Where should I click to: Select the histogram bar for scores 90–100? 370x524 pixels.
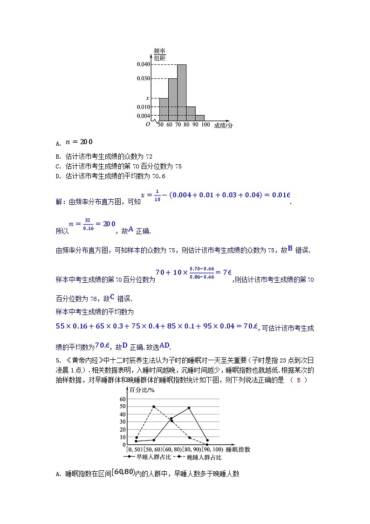coord(200,118)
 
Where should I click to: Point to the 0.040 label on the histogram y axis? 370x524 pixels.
coord(144,64)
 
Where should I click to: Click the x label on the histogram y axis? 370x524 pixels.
coord(147,98)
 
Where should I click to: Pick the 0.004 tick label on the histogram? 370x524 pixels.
coord(144,116)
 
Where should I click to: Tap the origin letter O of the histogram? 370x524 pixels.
coord(148,125)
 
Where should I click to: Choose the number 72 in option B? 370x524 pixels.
coord(149,156)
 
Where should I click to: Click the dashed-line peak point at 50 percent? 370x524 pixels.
coord(154,406)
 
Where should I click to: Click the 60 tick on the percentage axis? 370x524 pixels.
coord(123,399)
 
